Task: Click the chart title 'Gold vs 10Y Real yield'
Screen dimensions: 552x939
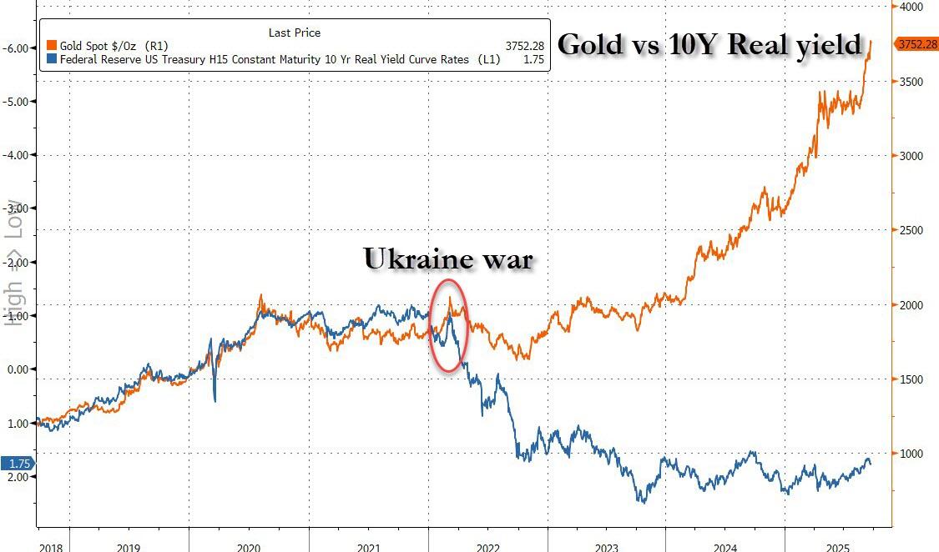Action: [x=709, y=44]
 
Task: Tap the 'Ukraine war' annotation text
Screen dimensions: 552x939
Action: [x=447, y=258]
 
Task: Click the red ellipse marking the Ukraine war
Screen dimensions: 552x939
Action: [x=449, y=325]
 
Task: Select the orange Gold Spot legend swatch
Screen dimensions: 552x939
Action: [x=53, y=45]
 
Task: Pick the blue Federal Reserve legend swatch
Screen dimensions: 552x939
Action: [x=53, y=59]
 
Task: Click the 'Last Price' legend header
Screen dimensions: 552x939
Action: [x=294, y=33]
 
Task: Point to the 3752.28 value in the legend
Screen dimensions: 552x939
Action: [x=523, y=45]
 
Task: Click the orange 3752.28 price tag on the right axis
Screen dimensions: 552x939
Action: [x=916, y=44]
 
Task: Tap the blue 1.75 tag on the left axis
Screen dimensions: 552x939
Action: [x=18, y=464]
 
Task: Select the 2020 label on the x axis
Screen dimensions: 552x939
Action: [x=248, y=546]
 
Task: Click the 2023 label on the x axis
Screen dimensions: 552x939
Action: [x=607, y=546]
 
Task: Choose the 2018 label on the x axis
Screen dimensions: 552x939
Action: [x=51, y=546]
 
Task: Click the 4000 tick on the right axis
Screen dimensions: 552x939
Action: [x=911, y=7]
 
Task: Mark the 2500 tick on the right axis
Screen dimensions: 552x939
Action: [x=911, y=230]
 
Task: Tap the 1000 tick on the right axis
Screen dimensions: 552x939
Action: [x=911, y=454]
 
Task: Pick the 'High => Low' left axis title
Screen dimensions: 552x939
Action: [x=14, y=263]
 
